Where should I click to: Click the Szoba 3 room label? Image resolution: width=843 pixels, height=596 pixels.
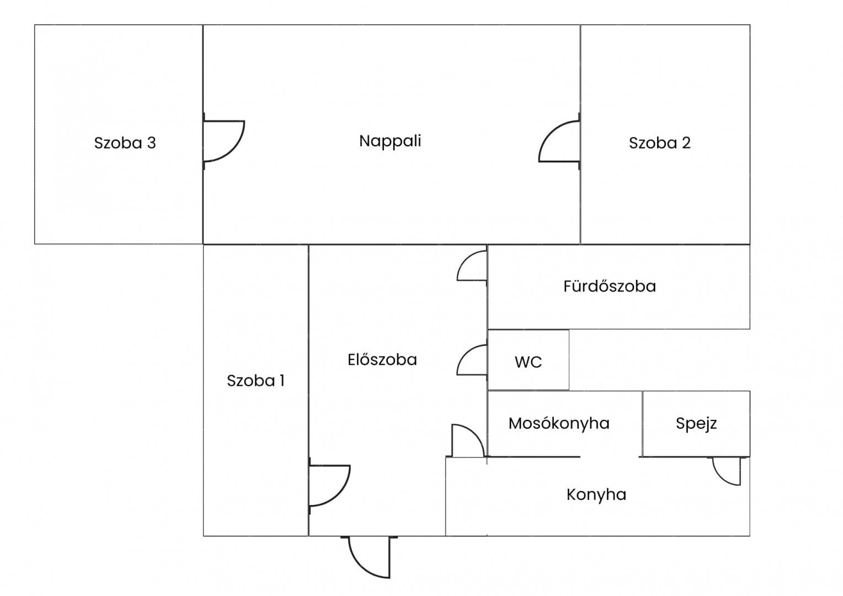click(125, 143)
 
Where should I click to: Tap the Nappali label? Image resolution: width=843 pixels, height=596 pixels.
click(390, 141)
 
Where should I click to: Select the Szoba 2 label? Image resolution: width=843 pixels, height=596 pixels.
click(659, 143)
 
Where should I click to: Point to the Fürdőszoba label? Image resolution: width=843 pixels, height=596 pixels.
click(610, 286)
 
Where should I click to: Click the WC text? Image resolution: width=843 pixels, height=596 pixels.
click(528, 362)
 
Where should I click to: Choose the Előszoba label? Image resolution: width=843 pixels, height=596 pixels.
click(382, 360)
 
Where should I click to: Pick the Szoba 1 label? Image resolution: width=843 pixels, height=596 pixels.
click(255, 381)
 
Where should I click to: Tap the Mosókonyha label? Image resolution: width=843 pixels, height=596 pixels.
click(559, 423)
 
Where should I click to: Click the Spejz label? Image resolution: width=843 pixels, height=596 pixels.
click(696, 423)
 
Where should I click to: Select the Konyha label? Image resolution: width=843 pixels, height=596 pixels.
click(596, 494)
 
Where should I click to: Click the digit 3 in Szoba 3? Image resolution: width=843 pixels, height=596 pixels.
click(151, 143)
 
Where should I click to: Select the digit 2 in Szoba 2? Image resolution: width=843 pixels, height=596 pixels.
click(686, 143)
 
